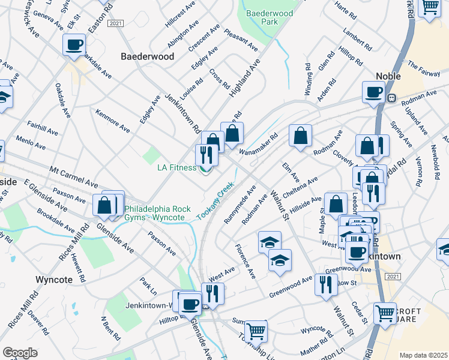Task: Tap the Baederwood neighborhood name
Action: coord(148,56)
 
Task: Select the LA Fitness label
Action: coord(177,167)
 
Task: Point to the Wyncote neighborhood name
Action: coord(54,280)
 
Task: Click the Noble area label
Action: coord(388,76)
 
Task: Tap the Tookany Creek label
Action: coord(215,201)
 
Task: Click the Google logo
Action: coord(20,353)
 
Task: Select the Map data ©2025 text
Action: coord(423,355)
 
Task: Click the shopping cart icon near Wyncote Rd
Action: coord(256,330)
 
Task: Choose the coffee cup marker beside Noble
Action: coord(373,92)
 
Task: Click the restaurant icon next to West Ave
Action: coord(212,293)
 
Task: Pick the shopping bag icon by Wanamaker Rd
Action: coord(300,135)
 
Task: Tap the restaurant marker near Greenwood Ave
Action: coord(326,284)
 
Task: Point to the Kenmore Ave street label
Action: coord(112,121)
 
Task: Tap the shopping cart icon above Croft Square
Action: coord(385,313)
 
